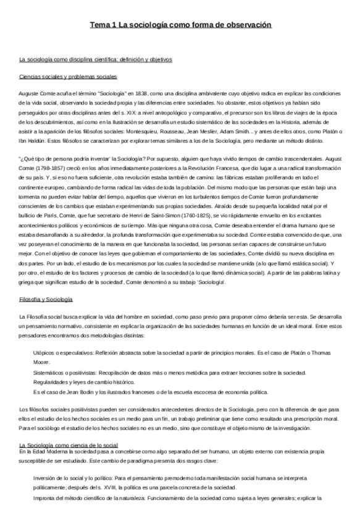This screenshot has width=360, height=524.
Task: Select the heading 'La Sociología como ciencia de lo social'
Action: coord(69,445)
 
